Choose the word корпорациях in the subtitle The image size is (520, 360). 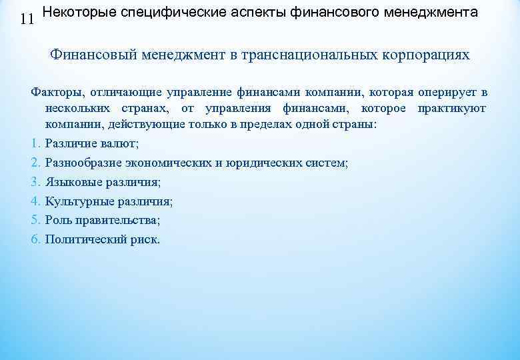point(425,55)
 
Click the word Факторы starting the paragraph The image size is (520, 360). point(55,91)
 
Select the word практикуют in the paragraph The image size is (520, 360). point(452,108)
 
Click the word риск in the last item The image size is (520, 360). point(146,239)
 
